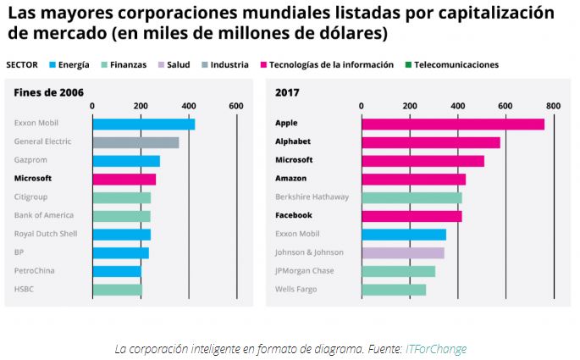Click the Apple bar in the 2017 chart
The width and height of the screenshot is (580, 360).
(452, 124)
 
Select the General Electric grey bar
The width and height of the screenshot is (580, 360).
(135, 142)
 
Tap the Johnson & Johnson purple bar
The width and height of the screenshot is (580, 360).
(402, 252)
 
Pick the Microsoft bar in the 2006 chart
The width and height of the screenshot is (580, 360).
(124, 179)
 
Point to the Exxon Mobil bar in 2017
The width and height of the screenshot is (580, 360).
(403, 234)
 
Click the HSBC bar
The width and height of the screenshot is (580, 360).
(117, 290)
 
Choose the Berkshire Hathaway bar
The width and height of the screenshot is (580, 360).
(412, 197)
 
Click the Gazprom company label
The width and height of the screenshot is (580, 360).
(31, 160)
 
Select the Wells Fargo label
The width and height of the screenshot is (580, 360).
(295, 290)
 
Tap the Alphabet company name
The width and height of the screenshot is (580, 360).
(293, 141)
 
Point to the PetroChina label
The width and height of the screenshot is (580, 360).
(35, 270)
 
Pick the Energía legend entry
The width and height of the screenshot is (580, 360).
(69, 64)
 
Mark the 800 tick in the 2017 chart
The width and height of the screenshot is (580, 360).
(554, 105)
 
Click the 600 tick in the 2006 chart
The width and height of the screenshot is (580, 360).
(236, 105)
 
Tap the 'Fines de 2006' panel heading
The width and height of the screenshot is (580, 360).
(48, 91)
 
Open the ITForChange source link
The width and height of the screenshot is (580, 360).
(435, 348)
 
